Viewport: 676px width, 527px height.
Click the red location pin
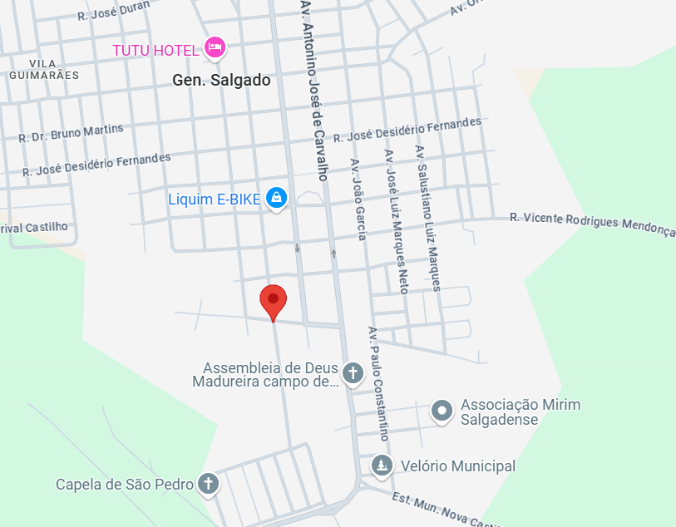pyautogui.click(x=273, y=300)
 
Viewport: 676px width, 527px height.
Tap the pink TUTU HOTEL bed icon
pyautogui.click(x=215, y=47)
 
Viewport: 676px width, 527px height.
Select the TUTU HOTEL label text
pyautogui.click(x=156, y=51)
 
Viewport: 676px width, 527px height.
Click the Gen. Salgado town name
pyautogui.click(x=221, y=81)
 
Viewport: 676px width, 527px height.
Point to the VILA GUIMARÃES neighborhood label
pyautogui.click(x=44, y=69)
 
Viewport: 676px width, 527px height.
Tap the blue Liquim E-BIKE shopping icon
pyautogui.click(x=277, y=198)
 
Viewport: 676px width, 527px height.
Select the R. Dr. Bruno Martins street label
pyautogui.click(x=71, y=133)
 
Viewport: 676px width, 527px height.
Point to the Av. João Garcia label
pyautogui.click(x=358, y=199)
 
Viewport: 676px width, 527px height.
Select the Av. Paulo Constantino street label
pyautogui.click(x=378, y=382)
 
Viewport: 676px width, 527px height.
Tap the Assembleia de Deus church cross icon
pyautogui.click(x=353, y=372)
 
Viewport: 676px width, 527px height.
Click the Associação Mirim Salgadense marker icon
pyautogui.click(x=442, y=410)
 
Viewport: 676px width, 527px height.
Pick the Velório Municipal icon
pyautogui.click(x=382, y=466)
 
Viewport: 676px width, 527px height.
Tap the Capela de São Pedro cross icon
pyautogui.click(x=208, y=484)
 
